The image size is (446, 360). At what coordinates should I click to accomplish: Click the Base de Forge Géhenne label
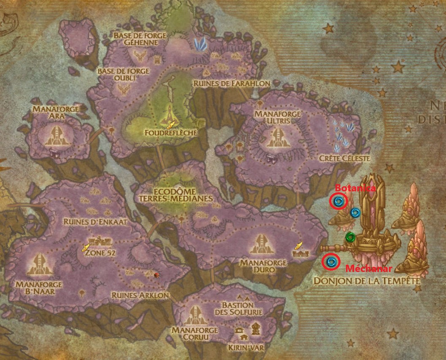coord(140,39)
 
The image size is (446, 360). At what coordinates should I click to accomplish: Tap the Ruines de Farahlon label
coord(232,83)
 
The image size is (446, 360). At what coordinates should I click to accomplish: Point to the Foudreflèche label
coord(170,133)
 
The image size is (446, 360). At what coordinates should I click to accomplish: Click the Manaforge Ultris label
coord(278,117)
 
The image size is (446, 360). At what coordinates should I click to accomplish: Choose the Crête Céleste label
coord(344,159)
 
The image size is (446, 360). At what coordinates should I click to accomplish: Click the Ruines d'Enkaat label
coord(95,221)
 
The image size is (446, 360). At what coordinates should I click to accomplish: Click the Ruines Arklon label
coord(140,296)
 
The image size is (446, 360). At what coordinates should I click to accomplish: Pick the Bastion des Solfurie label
coord(238,308)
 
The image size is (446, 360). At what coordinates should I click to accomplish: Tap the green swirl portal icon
coord(350,238)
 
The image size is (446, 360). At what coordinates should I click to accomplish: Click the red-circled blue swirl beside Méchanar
coord(331,262)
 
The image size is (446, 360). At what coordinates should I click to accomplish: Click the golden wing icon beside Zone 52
coord(86,247)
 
